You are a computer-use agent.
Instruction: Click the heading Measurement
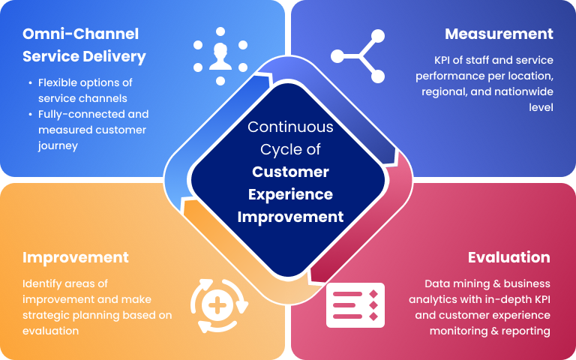point(499,34)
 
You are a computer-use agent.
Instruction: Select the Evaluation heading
point(508,257)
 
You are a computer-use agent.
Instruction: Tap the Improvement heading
point(76,257)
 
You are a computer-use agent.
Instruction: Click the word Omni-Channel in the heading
point(81,34)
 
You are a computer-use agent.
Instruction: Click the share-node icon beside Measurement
point(358,55)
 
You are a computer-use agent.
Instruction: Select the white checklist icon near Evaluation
point(355,304)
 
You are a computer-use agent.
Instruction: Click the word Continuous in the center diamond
point(291,127)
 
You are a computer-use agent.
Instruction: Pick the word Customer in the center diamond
point(291,172)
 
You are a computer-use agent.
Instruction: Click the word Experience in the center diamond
point(291,194)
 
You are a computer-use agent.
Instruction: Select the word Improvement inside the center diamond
point(291,217)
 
